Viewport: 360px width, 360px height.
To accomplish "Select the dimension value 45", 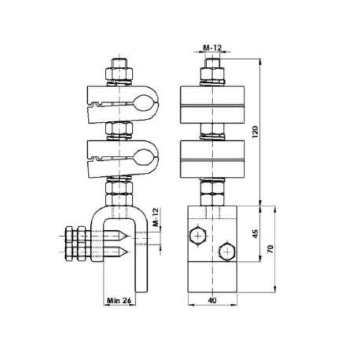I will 255,233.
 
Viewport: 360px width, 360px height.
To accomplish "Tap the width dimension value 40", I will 211,300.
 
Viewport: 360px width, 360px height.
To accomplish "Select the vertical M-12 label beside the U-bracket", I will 155,217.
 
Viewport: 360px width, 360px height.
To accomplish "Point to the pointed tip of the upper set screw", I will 127,236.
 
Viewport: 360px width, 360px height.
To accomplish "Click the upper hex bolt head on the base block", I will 197,235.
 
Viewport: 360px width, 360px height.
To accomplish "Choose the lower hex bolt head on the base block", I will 227,251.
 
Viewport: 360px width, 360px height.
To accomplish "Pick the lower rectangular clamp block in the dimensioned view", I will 212,158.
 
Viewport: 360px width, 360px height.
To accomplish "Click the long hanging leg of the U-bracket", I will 141,270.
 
